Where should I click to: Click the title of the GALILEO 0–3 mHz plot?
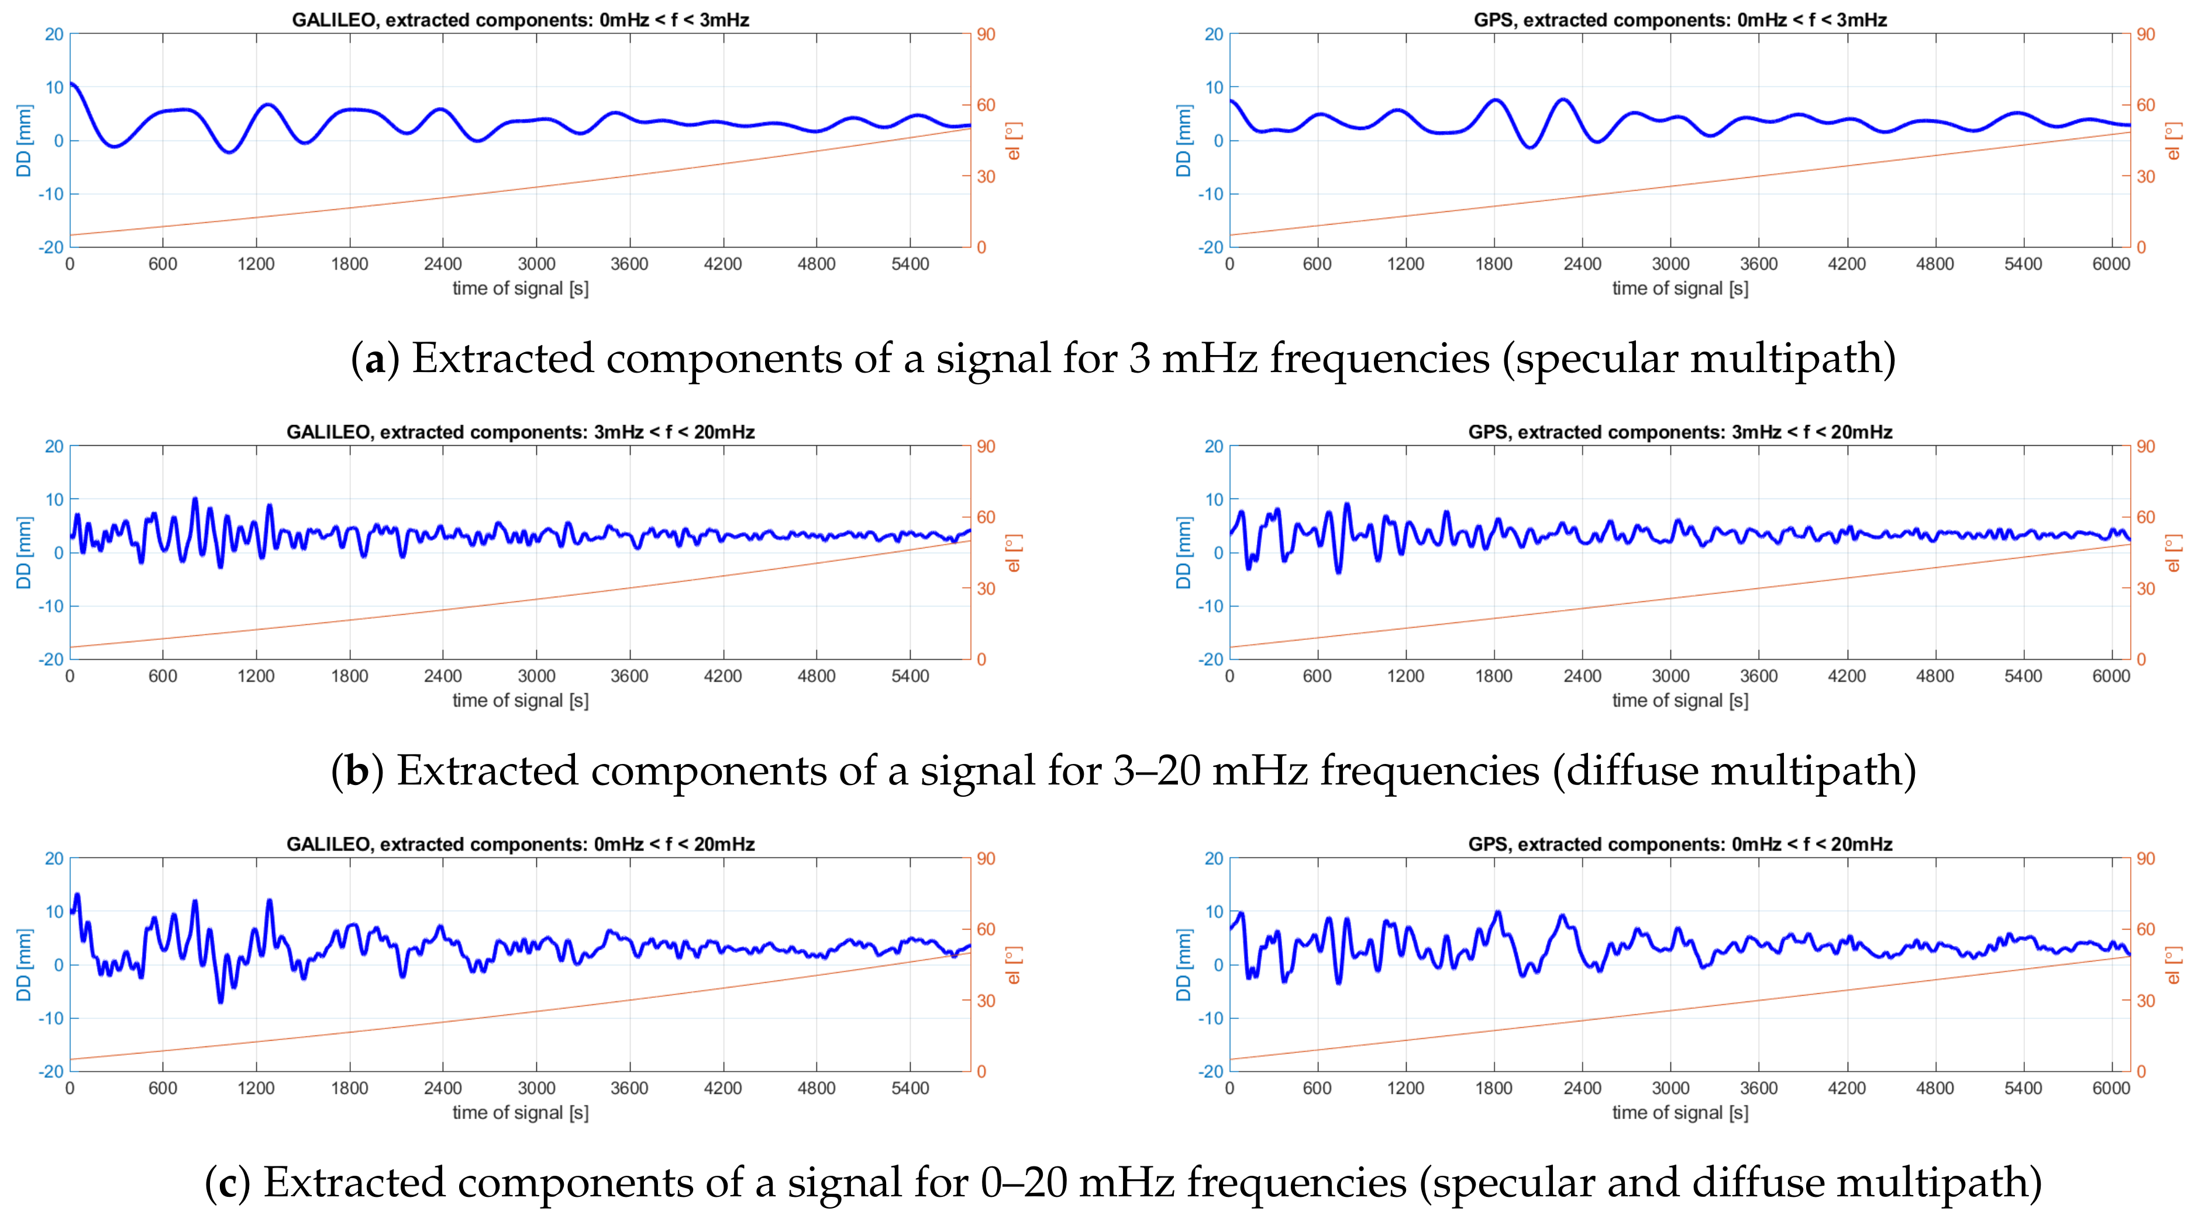[521, 20]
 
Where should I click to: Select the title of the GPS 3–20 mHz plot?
[1679, 432]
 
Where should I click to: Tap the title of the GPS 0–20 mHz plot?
[1679, 844]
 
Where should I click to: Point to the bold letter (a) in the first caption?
[374, 359]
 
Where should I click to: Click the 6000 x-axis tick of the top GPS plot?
[2111, 264]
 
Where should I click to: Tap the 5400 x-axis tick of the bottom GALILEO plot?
[909, 1089]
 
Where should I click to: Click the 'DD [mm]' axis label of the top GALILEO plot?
[24, 141]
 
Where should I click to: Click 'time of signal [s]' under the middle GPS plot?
[1679, 701]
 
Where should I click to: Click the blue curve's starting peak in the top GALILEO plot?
[73, 84]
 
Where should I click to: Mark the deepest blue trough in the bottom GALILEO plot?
[220, 1001]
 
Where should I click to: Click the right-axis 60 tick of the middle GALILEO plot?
[986, 517]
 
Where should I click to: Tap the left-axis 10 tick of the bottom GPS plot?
[1213, 912]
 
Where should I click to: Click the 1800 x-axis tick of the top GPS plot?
[1493, 264]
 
